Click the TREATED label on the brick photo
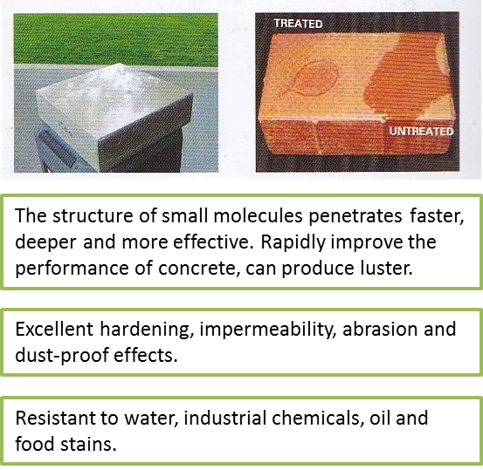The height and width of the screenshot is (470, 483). [x=298, y=24]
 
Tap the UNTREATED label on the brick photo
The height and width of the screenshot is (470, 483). [x=421, y=132]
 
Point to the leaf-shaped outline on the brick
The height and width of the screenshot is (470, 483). [x=311, y=78]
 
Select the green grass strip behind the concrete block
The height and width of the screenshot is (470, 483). [x=116, y=39]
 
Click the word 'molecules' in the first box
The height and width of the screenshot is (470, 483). [x=259, y=216]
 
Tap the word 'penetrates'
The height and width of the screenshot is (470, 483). [x=355, y=217]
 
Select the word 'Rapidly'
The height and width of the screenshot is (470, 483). [x=293, y=243]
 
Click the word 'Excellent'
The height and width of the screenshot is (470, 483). [x=54, y=329]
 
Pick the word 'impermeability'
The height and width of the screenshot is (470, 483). [x=267, y=330]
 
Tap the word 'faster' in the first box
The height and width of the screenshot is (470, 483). [x=437, y=216]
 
